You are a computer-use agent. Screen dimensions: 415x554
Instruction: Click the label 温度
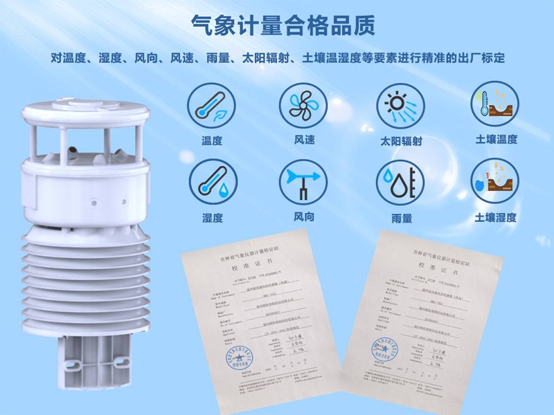tap(211, 141)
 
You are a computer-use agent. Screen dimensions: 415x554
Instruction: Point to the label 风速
tap(303, 140)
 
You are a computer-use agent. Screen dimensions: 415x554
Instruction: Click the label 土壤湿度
tap(495, 217)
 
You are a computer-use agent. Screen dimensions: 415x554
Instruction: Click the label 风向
tap(303, 217)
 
